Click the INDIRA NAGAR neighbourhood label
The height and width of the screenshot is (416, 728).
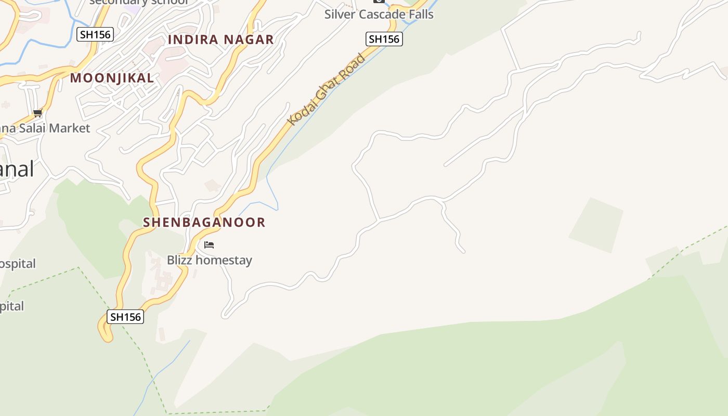pos(220,40)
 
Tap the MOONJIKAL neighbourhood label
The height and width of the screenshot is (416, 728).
pos(112,78)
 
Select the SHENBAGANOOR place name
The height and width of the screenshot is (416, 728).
pos(204,222)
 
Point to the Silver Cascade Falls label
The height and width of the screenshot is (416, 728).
pos(379,14)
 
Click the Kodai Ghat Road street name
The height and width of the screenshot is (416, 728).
pos(327,89)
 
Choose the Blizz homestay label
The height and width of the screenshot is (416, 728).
pos(209,260)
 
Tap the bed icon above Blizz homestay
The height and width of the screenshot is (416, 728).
pos(209,244)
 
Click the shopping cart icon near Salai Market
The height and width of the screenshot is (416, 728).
pos(37,113)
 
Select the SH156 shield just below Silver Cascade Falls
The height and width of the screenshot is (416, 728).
pos(384,39)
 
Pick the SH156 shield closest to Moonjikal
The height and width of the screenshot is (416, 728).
pos(95,35)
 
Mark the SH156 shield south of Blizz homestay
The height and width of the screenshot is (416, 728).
pos(125,317)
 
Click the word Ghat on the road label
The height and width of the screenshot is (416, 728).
pos(332,84)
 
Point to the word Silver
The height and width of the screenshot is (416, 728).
pos(339,14)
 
